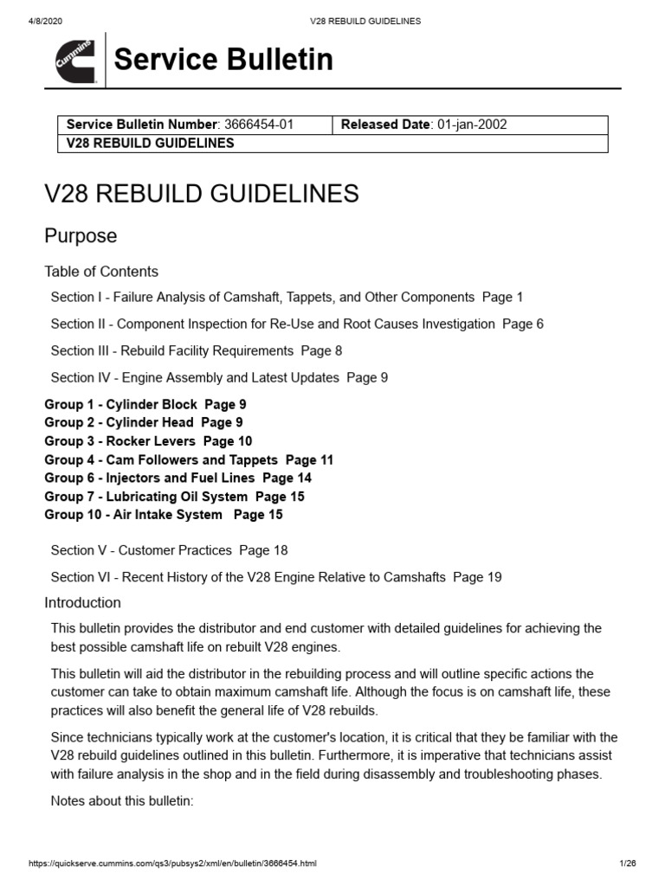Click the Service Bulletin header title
pyautogui.click(x=223, y=60)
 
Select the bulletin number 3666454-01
pyautogui.click(x=259, y=125)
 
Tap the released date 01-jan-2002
pyautogui.click(x=472, y=125)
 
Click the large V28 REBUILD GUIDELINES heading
pyautogui.click(x=202, y=193)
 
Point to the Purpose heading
pyautogui.click(x=81, y=235)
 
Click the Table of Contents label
pyautogui.click(x=101, y=272)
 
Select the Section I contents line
pyautogui.click(x=287, y=298)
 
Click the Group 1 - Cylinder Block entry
pyautogui.click(x=145, y=404)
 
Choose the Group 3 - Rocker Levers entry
pyautogui.click(x=148, y=441)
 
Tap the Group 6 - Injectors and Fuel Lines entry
pyautogui.click(x=178, y=478)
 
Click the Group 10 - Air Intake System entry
pyautogui.click(x=164, y=515)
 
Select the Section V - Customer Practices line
pyautogui.click(x=169, y=550)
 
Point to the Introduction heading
pyautogui.click(x=83, y=603)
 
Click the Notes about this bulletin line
pyautogui.click(x=122, y=801)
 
